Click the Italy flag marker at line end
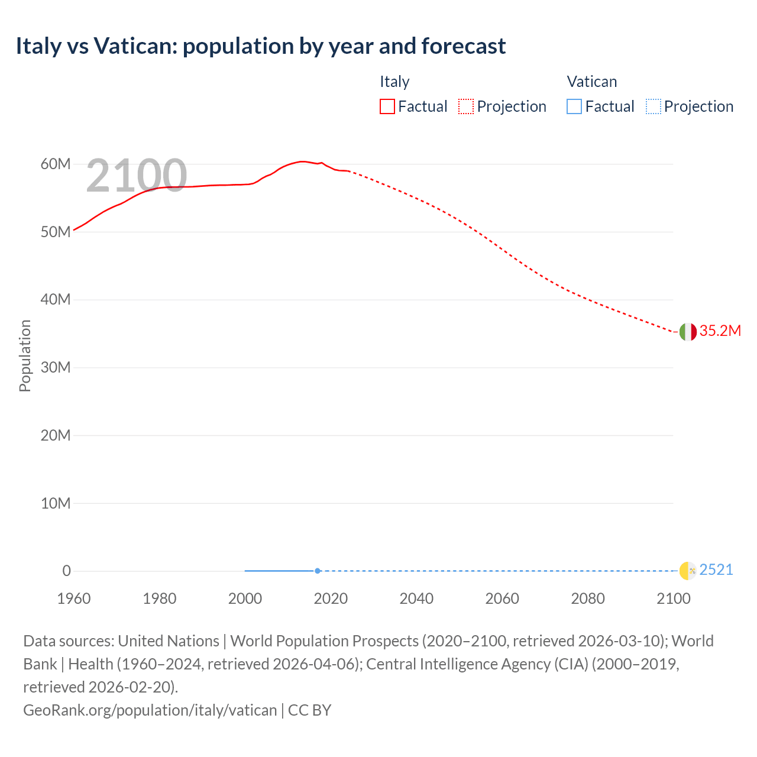[x=688, y=332]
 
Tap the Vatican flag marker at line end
[x=688, y=571]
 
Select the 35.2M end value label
[x=720, y=331]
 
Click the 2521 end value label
[x=716, y=570]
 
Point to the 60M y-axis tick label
[x=56, y=164]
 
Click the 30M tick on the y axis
[x=56, y=367]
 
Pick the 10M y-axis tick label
[x=56, y=503]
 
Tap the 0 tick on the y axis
[x=66, y=571]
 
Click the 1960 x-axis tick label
[x=74, y=599]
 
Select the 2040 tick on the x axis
[x=416, y=599]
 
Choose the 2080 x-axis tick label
[x=588, y=599]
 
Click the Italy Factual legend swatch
[x=387, y=106]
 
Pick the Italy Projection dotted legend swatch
[x=466, y=106]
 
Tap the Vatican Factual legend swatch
[x=574, y=106]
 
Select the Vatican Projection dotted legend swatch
[x=653, y=106]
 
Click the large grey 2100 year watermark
[x=137, y=175]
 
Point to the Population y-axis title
[x=25, y=355]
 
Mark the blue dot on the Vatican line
[x=318, y=571]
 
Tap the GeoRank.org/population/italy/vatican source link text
[x=150, y=710]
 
